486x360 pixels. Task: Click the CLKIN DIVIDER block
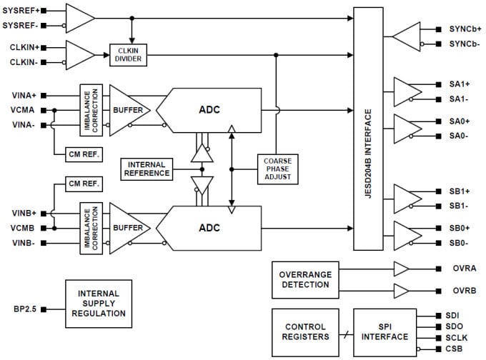129,55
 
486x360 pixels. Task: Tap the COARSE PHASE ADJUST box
277,169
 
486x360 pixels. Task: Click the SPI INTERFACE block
385,331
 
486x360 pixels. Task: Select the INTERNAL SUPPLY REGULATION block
99,304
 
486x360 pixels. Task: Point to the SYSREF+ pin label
21,11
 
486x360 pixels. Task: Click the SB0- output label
459,243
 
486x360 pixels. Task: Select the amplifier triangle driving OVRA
402,269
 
